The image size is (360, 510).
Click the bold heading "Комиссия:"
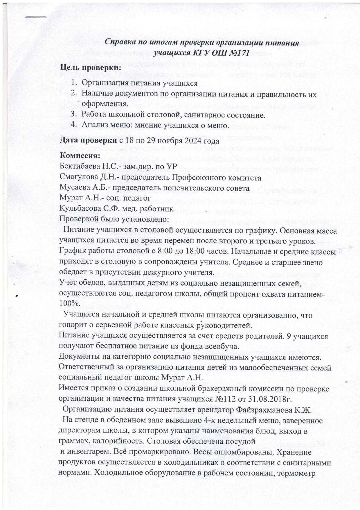[x=80, y=156]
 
